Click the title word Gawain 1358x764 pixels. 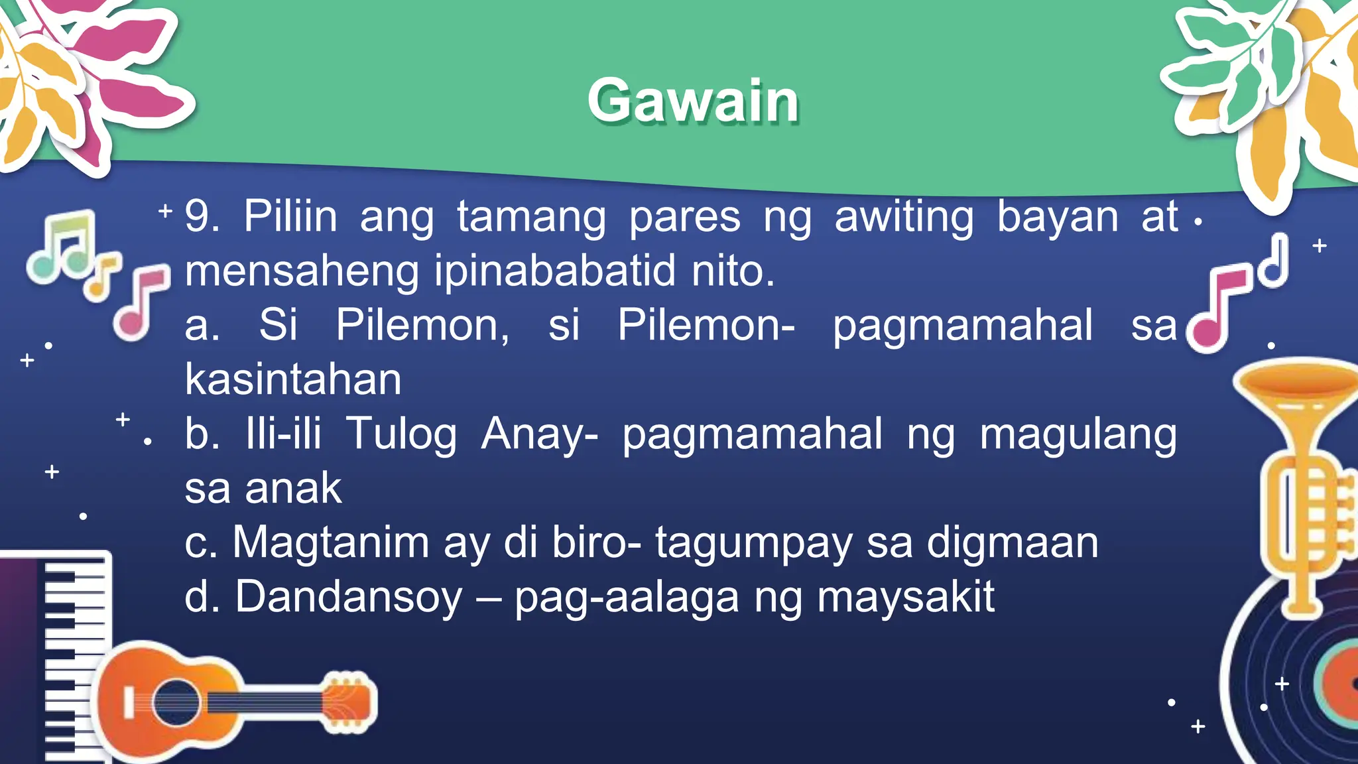693,101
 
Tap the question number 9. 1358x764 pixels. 198,216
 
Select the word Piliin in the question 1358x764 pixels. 290,216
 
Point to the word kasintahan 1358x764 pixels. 293,379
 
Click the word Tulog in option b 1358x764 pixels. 401,435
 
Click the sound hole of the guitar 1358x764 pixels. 176,703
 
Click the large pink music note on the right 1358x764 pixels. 1217,308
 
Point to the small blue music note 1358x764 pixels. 1274,262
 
